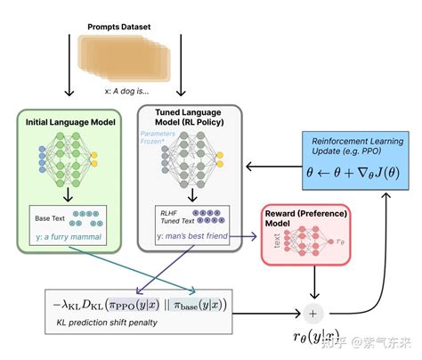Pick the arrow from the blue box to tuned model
[x=267, y=165]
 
